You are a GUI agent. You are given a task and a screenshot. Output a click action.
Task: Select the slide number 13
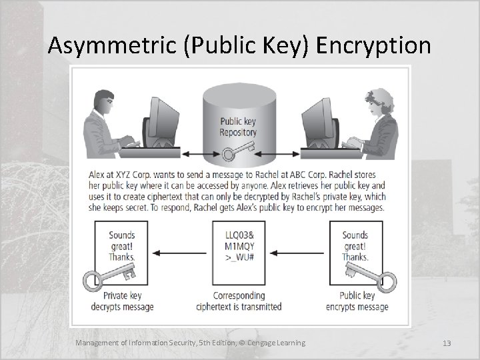pyautogui.click(x=447, y=343)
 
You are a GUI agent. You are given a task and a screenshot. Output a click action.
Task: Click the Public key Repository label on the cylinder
pyautogui.click(x=238, y=127)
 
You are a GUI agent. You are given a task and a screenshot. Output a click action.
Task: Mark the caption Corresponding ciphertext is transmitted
pyautogui.click(x=238, y=301)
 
